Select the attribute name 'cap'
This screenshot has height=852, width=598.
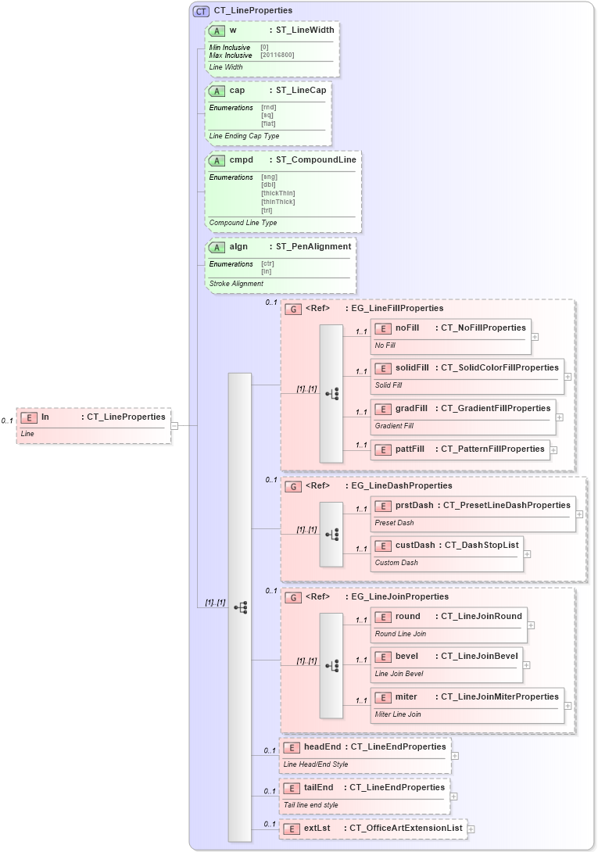[237, 91]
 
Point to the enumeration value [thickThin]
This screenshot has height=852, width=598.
[278, 193]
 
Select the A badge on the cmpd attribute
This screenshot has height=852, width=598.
[217, 160]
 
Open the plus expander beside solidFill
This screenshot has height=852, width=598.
[568, 376]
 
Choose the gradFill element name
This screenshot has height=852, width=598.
[411, 408]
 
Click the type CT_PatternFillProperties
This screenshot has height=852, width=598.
[492, 449]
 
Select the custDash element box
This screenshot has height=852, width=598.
[446, 552]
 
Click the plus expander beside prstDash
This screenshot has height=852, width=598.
[579, 514]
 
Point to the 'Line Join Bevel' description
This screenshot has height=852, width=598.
[399, 674]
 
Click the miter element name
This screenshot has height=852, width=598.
[406, 696]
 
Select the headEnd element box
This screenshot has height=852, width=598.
[364, 754]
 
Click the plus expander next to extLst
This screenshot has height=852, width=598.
[471, 829]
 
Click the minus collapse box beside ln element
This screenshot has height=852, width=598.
[174, 426]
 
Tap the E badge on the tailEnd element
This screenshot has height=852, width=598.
[291, 788]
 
